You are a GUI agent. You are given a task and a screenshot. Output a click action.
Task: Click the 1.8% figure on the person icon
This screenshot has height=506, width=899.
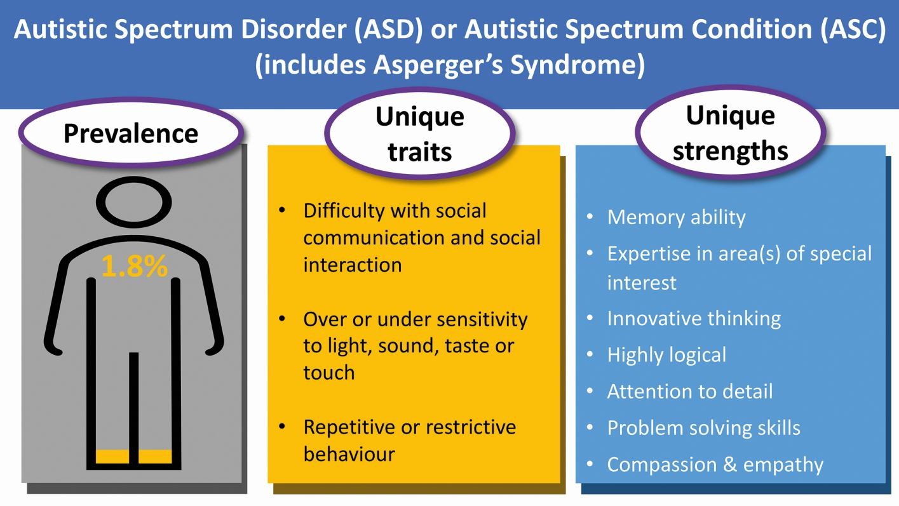coord(134,266)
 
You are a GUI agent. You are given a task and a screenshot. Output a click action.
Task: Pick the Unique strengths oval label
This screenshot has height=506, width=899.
coord(731,132)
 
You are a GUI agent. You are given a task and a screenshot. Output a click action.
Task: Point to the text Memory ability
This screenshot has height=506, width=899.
coord(676,218)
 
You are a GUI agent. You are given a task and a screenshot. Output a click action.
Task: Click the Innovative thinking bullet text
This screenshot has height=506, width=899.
coord(694,319)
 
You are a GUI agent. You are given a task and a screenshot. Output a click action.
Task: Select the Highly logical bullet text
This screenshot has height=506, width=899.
coord(666,356)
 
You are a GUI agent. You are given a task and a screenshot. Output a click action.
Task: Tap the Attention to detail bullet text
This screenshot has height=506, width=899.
coord(690,391)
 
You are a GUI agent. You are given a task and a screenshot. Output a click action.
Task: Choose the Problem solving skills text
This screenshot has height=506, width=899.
coord(703,428)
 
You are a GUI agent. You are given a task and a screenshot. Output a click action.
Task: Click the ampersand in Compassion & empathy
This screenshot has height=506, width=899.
coord(730,465)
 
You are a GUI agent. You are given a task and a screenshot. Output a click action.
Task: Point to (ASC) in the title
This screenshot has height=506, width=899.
coord(853,29)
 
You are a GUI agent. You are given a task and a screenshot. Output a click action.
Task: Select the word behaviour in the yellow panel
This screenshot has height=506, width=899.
coord(349,454)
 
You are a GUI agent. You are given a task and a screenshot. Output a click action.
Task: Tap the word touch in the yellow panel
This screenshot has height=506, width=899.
coord(329,373)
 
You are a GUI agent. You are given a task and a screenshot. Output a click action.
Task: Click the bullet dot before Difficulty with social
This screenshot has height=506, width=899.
coord(282,210)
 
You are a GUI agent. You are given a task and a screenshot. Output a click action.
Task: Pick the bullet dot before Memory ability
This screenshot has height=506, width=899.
coord(590,216)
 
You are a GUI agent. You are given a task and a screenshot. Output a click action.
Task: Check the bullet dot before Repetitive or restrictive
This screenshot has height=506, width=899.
coord(282,426)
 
